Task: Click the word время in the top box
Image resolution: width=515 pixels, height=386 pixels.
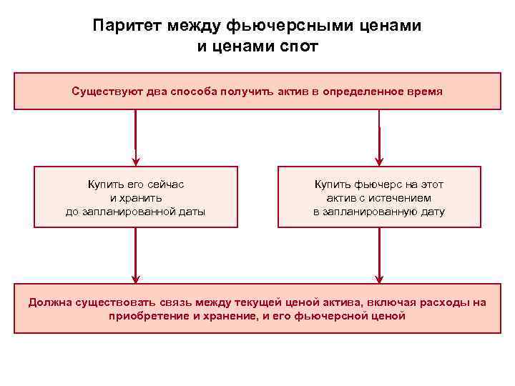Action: pos(422,91)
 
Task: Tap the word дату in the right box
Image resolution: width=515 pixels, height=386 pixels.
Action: pos(430,212)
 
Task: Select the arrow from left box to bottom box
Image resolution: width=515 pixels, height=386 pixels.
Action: pos(136,256)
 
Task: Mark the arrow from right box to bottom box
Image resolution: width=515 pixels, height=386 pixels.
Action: pos(380,256)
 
